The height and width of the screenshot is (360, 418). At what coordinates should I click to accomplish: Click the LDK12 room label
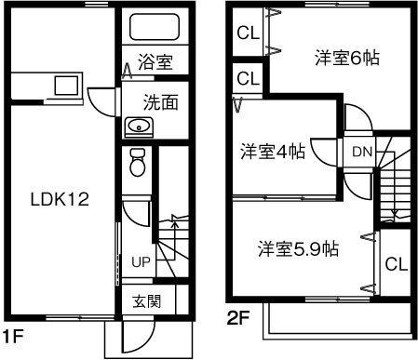tap(59, 200)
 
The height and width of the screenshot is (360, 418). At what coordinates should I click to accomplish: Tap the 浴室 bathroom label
tap(155, 63)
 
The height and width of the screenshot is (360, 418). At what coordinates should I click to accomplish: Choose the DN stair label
tap(362, 149)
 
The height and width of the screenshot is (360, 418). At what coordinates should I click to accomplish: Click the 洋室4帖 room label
tap(273, 150)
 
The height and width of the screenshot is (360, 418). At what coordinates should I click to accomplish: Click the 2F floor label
tap(238, 317)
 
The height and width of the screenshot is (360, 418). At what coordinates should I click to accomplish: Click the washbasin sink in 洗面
tap(140, 127)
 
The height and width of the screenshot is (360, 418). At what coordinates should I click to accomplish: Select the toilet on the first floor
tap(138, 163)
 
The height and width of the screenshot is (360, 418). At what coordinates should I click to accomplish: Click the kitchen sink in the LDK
tap(66, 87)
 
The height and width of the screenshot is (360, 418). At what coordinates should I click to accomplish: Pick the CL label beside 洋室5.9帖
tap(396, 263)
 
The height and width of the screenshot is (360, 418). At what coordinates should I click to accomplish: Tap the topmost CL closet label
tap(247, 34)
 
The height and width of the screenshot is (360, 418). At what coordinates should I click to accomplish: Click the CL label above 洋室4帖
tap(247, 78)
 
